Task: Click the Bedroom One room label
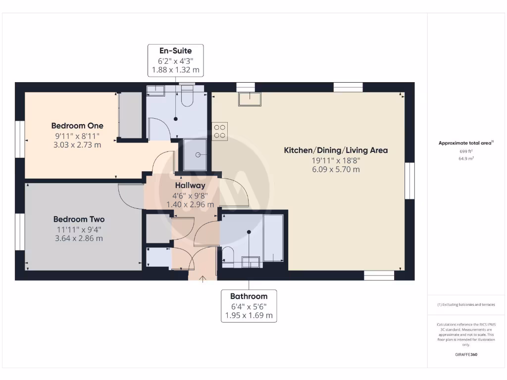(77, 126)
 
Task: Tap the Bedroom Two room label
(79, 219)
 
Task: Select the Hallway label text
(190, 186)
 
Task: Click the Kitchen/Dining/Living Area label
(335, 150)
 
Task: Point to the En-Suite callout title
(175, 50)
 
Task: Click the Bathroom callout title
(249, 296)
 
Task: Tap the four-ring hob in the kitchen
(220, 131)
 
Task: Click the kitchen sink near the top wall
(250, 99)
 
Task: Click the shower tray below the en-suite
(197, 155)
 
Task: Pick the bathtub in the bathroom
(273, 237)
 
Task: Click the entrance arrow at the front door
(202, 281)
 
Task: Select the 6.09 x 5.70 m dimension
(335, 169)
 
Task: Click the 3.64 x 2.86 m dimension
(79, 238)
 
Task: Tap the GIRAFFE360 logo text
(466, 354)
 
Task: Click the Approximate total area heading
(465, 143)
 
